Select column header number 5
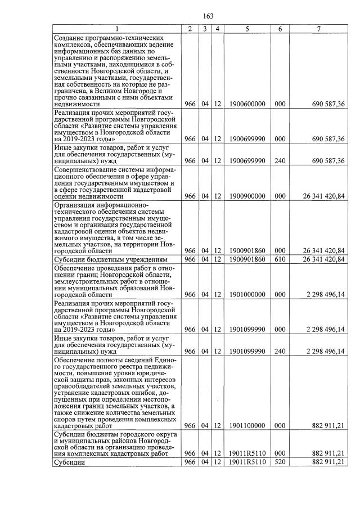click(247, 28)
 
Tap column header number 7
click(318, 28)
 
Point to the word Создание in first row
click(70, 38)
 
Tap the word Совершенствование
click(86, 169)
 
